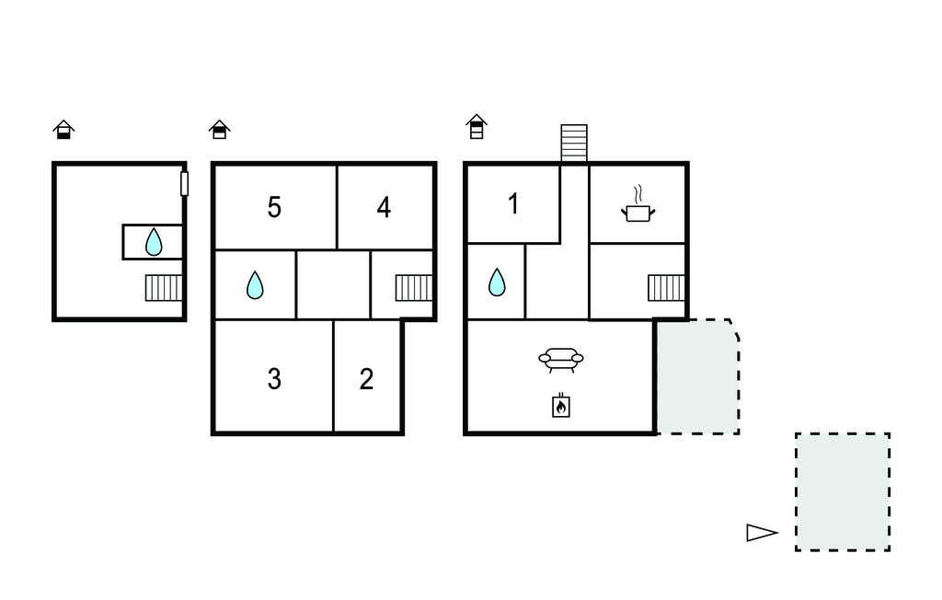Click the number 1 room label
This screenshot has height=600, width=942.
513,203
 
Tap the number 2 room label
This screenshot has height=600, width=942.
366,379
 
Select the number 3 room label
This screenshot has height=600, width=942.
274,379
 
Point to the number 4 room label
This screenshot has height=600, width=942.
384,207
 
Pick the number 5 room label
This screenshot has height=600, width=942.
274,207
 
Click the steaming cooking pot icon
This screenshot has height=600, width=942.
638,203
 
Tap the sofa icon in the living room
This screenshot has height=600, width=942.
561,360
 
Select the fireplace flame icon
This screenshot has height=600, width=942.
561,405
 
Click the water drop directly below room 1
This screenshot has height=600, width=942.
497,282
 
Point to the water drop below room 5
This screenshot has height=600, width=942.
255,285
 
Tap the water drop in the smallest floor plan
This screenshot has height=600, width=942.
154,242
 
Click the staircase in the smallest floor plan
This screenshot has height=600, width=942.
164,288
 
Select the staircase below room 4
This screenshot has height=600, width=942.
414,288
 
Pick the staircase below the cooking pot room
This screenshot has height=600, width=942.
666,288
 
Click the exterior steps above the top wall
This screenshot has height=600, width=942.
574,143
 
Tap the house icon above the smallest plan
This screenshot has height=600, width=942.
63,129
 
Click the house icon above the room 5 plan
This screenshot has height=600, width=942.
220,129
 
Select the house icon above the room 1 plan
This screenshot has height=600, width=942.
477,126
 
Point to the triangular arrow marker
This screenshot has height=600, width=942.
762,533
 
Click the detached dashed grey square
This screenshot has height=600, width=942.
843,491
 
